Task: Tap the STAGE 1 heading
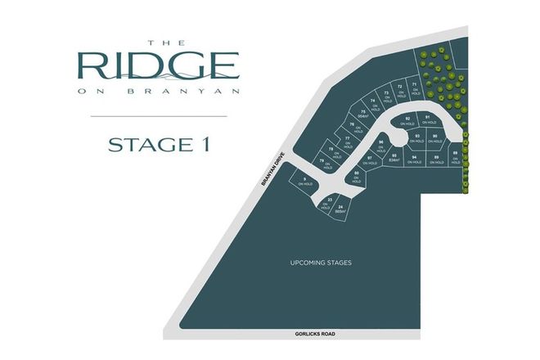click(x=160, y=146)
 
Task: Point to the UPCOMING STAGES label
click(x=322, y=263)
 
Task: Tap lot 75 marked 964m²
click(x=362, y=114)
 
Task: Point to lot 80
click(x=357, y=176)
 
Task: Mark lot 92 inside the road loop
click(x=407, y=121)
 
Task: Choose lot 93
click(x=417, y=137)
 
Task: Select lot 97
click(x=370, y=160)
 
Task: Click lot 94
click(x=415, y=159)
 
